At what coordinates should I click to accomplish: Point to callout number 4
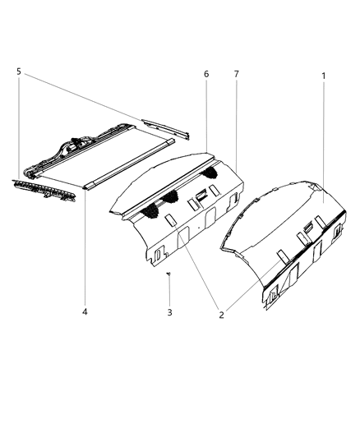[x=85, y=311]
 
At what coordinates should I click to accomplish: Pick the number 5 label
[x=18, y=71]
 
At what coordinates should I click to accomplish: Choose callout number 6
[x=206, y=75]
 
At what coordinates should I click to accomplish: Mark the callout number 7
[x=236, y=75]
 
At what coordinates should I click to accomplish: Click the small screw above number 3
[x=168, y=275]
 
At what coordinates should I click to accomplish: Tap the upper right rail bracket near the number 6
[x=165, y=128]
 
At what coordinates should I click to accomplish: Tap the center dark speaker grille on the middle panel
[x=175, y=197]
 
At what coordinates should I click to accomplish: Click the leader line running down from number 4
[x=85, y=247]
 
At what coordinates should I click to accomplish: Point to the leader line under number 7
[x=236, y=123]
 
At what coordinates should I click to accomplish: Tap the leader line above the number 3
[x=168, y=292]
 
